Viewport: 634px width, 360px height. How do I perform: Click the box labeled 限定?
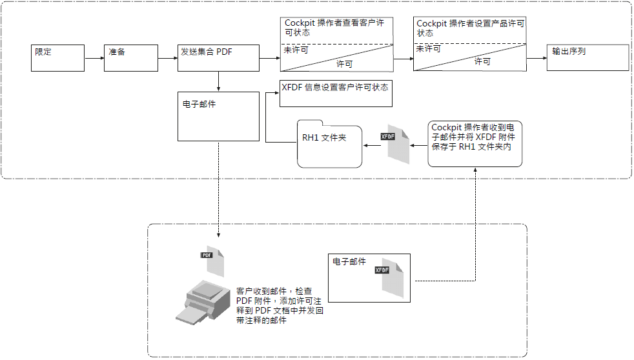coord(59,57)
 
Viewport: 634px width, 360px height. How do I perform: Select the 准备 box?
coord(131,57)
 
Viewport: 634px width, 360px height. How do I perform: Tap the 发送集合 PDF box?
coord(218,57)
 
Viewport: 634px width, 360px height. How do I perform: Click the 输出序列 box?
coord(588,57)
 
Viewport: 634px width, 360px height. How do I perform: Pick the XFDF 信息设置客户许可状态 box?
coord(335,94)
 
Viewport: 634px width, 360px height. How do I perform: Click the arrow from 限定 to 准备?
coord(94,58)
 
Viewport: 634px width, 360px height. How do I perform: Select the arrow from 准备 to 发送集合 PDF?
coord(168,58)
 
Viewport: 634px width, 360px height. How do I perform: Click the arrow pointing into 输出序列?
coord(536,58)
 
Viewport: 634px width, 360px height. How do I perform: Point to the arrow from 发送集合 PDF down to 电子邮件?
coord(220,81)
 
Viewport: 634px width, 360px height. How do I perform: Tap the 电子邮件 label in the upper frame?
coord(199,104)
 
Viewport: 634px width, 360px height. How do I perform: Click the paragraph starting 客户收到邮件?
coord(280,306)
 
